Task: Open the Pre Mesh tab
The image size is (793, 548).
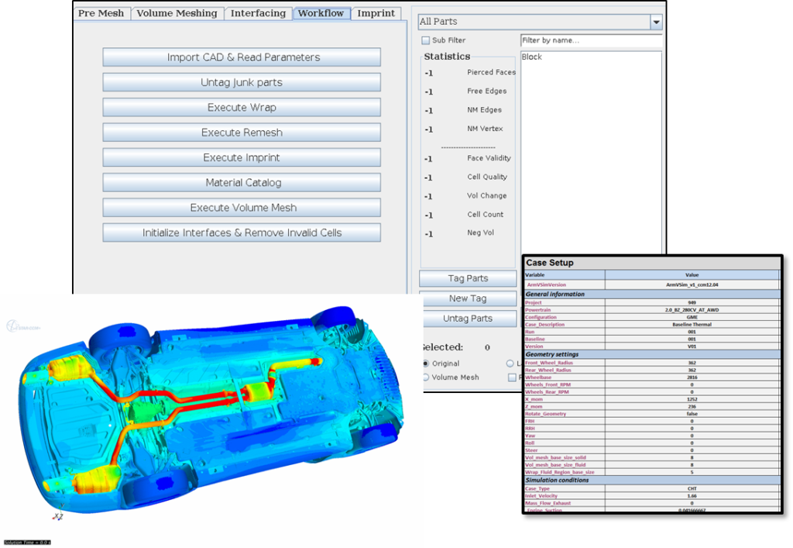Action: pos(101,13)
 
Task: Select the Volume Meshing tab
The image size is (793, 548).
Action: pos(177,13)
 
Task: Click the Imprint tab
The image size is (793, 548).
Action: pos(376,13)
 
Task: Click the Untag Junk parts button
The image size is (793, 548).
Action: pos(242,82)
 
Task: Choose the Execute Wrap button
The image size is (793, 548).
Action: pos(242,108)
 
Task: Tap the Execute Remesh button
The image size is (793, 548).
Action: pos(242,133)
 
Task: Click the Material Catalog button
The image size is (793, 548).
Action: pos(242,183)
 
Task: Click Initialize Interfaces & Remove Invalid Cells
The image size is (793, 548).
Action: pos(242,233)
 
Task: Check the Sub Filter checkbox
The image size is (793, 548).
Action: pos(425,40)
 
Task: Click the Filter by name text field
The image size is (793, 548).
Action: pos(591,40)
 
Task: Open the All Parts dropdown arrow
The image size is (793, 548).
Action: pos(656,22)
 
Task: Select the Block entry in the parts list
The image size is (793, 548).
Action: pos(532,57)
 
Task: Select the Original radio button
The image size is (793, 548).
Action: pos(426,364)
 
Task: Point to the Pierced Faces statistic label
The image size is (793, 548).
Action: pos(491,72)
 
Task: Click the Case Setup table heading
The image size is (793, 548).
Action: pos(550,263)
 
